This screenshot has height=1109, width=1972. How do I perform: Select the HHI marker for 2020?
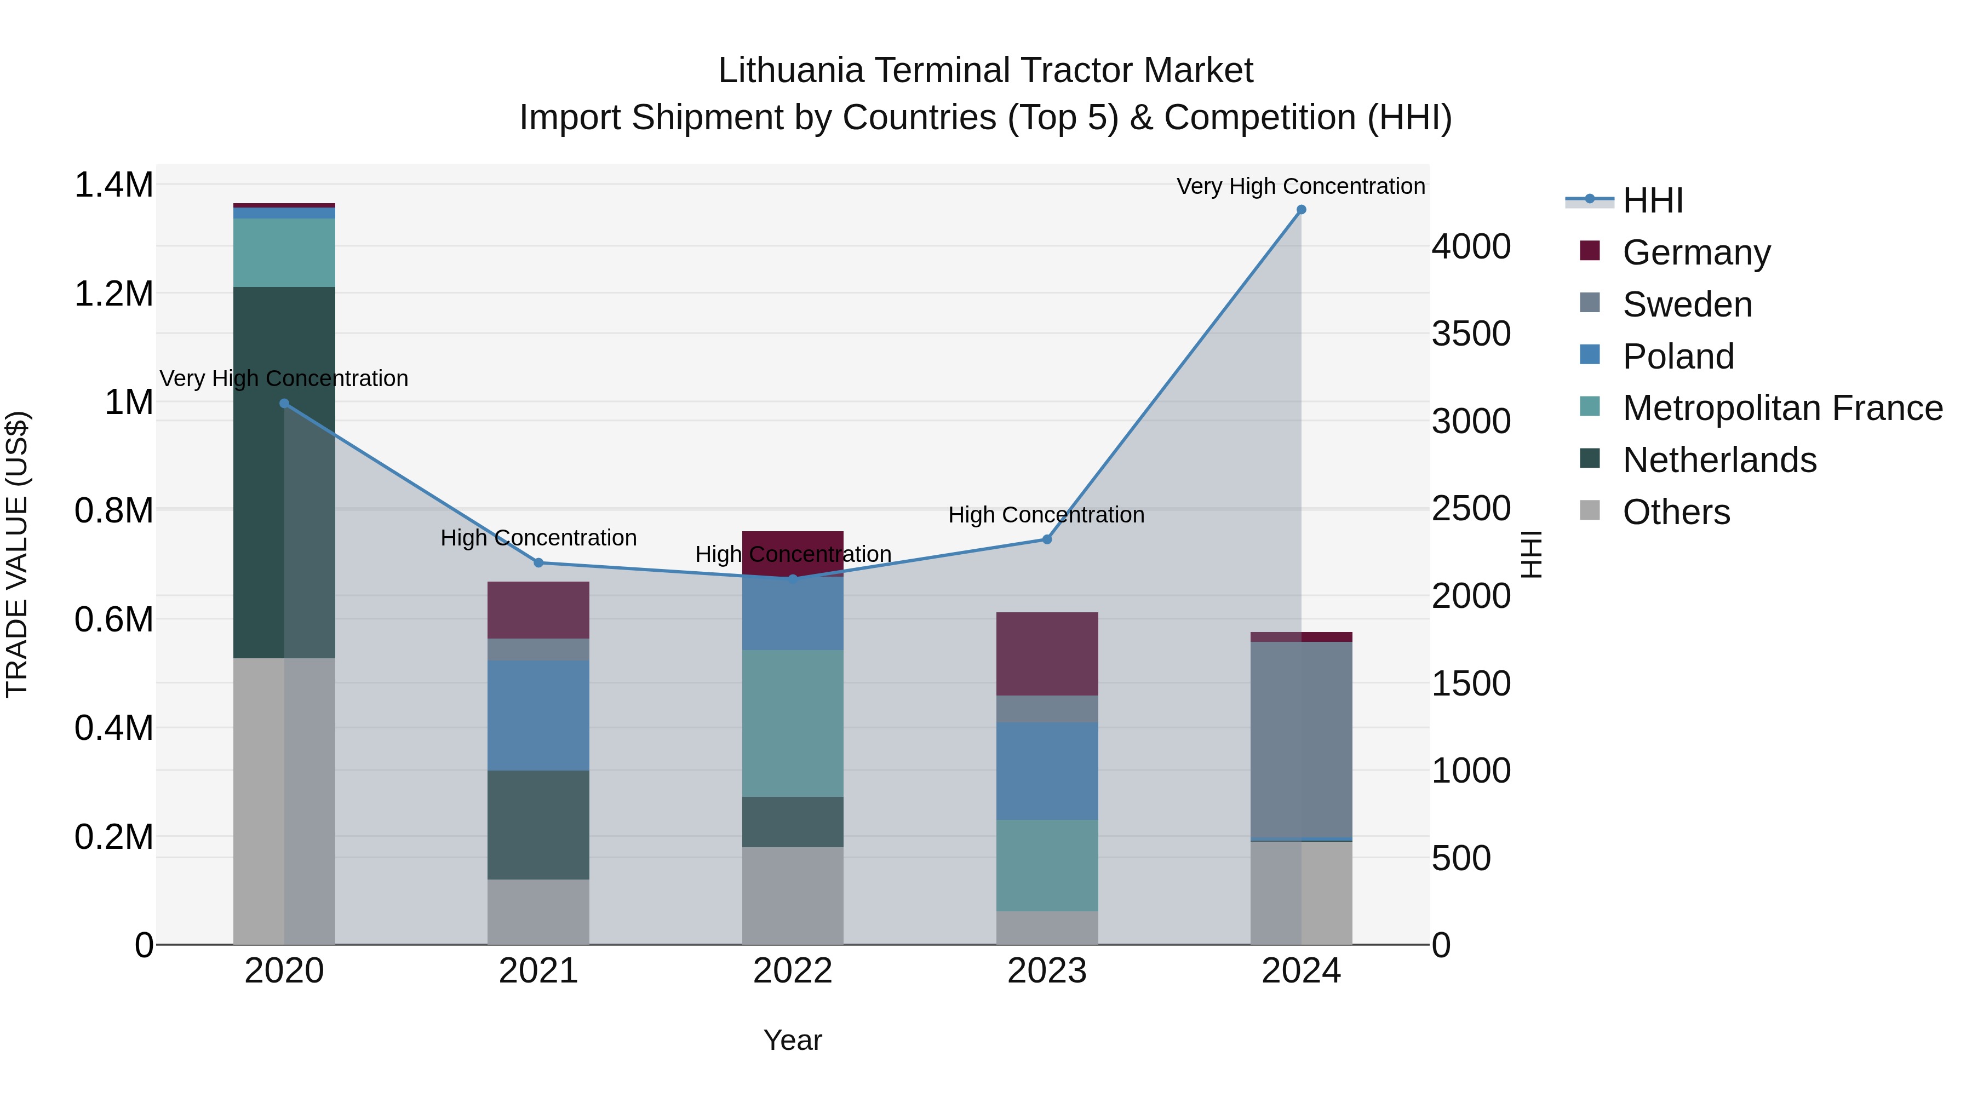tap(284, 403)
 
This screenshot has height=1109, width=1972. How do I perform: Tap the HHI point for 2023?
tap(1047, 539)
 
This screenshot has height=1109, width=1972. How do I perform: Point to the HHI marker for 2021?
tap(538, 564)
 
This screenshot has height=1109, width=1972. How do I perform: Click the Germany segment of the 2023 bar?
tap(1047, 653)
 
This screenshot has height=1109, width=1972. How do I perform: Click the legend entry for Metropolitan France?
tap(1781, 408)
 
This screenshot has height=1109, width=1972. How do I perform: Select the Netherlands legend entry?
tap(1718, 460)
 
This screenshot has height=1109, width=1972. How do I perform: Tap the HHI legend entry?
tap(1652, 200)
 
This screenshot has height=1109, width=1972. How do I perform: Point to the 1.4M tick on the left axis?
tap(113, 185)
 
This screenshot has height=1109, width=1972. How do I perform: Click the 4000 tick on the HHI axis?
tap(1471, 246)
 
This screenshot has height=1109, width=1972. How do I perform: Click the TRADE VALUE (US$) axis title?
tap(18, 554)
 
